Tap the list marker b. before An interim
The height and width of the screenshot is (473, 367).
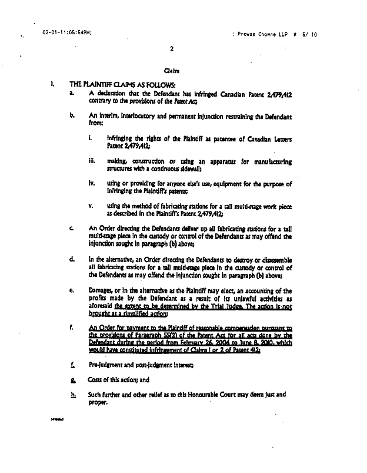(x=71, y=117)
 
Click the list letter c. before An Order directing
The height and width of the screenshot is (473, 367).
(x=71, y=228)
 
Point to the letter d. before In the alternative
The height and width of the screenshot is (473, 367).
(x=71, y=259)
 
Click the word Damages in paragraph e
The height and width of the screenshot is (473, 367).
(x=101, y=290)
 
